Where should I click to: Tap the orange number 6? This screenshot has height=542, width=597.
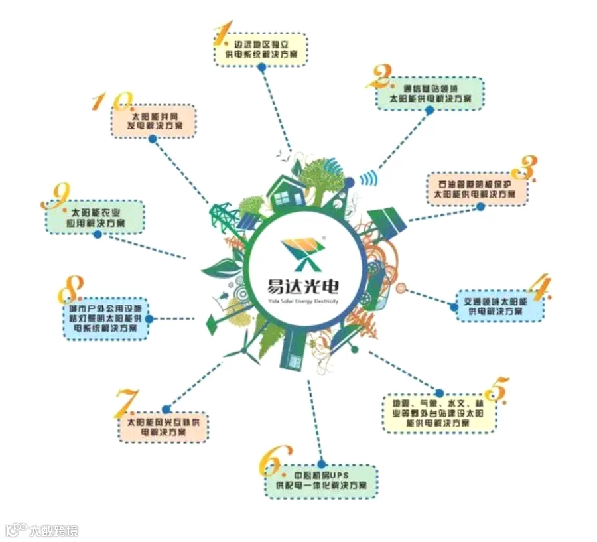274,457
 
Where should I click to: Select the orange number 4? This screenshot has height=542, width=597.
539,287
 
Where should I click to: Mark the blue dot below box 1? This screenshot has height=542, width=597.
262,67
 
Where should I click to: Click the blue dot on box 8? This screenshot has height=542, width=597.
148,319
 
